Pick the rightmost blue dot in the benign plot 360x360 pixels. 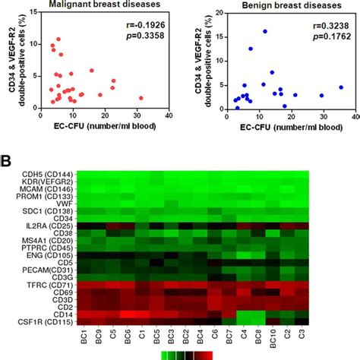point(341,87)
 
